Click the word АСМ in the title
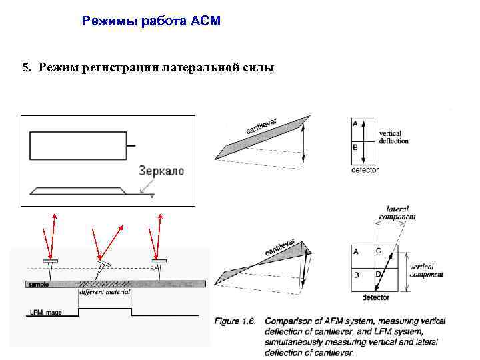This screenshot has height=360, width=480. coord(205,21)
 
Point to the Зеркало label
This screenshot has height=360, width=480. coord(161,171)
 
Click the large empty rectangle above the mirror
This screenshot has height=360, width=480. coord(78,145)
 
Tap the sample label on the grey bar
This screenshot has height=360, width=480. coord(39,284)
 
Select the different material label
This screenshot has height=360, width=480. coord(105,292)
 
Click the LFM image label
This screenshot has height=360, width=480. coord(46,312)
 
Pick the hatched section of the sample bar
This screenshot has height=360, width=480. coord(105,283)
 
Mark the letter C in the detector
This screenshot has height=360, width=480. coord(378,251)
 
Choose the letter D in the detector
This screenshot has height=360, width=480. coord(378,274)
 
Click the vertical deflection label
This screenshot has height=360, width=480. coord(393,137)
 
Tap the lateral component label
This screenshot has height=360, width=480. coord(397,213)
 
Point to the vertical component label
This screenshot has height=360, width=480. coord(426,270)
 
